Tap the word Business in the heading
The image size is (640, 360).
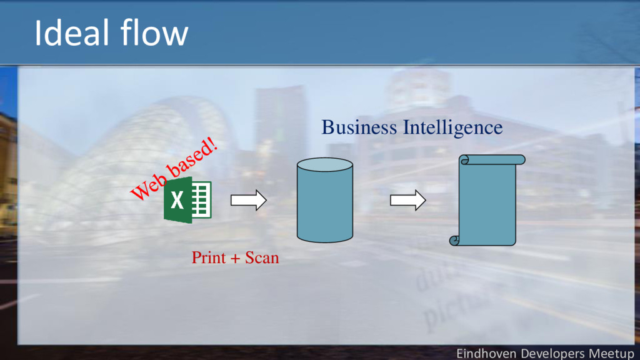tap(359, 127)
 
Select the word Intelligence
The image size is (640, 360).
tap(452, 127)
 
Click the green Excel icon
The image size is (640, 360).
tap(187, 200)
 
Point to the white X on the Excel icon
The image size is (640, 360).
tap(177, 201)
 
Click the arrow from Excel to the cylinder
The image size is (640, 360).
tap(248, 200)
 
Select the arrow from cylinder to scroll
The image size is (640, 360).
tap(407, 201)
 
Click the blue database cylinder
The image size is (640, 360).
tap(325, 206)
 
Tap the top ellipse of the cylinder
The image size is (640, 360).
tap(325, 165)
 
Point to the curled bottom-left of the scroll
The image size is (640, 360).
tap(454, 240)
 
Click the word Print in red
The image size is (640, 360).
tap(208, 257)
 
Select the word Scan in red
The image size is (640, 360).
tap(262, 257)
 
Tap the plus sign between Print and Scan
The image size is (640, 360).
tap(235, 258)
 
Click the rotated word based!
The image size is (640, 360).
tap(193, 158)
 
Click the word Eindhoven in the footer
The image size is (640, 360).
tap(487, 354)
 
